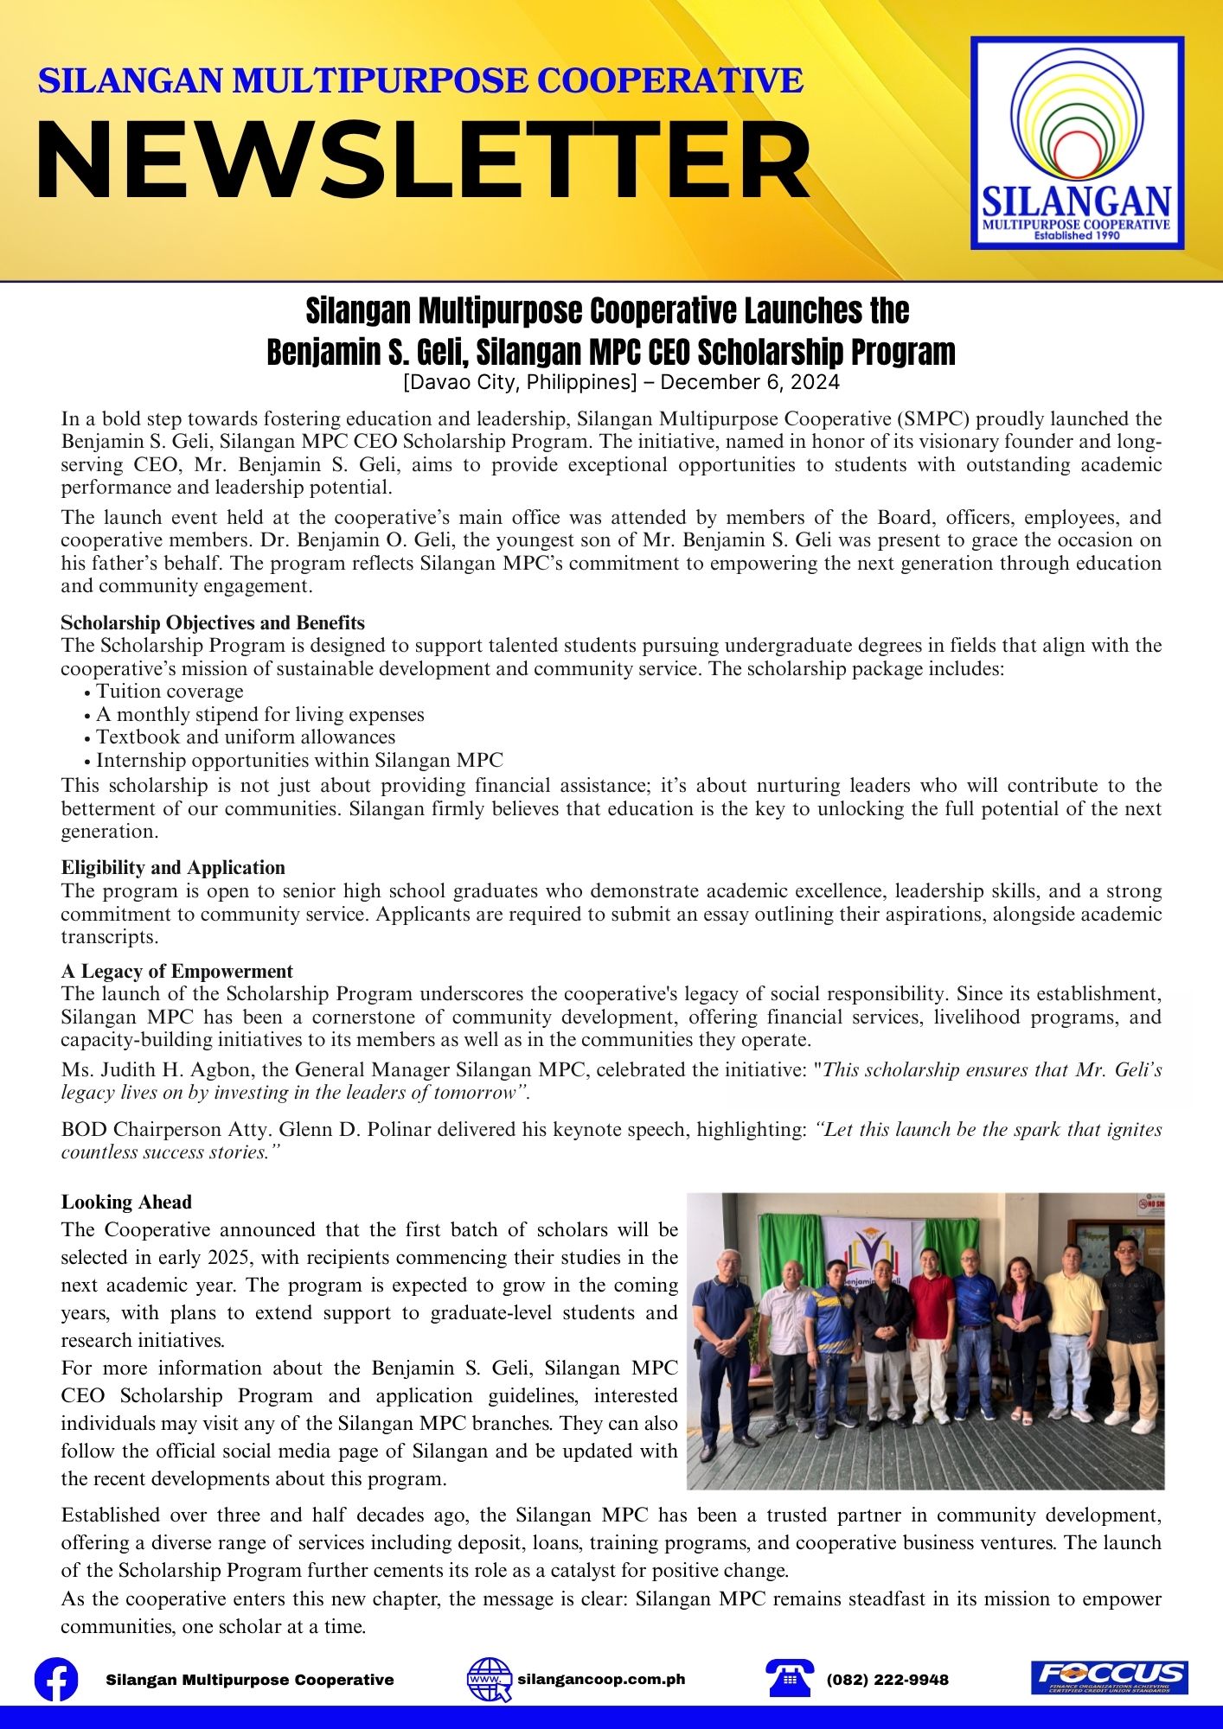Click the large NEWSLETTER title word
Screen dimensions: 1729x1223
point(423,162)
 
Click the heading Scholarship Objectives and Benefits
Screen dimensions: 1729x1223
point(213,622)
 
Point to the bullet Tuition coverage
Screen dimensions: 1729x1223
point(170,691)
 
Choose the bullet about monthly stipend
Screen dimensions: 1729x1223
point(259,714)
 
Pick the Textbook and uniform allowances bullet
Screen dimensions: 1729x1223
point(246,737)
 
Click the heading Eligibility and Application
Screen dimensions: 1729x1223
point(173,867)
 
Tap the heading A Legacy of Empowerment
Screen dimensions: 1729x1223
point(177,971)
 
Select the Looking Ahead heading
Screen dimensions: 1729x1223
point(126,1202)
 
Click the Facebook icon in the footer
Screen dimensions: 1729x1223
point(56,1680)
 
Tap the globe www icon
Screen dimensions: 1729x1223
point(489,1680)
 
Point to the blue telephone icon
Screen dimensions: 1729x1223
point(790,1679)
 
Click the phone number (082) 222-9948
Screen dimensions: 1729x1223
point(887,1680)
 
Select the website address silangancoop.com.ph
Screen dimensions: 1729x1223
point(601,1679)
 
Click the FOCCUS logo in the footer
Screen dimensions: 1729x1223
point(1110,1678)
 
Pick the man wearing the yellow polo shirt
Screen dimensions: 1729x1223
point(1073,1331)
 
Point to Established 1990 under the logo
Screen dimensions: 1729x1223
point(1077,235)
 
